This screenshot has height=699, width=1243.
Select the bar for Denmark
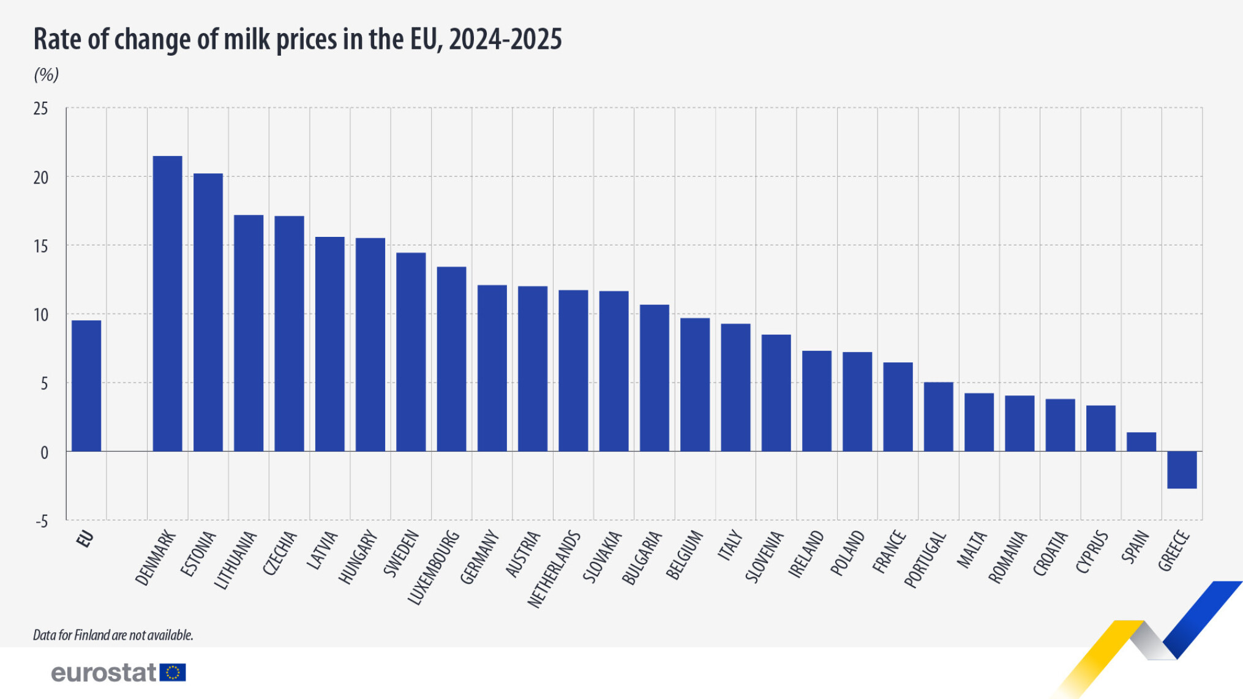tap(167, 304)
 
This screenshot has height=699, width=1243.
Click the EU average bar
tap(86, 386)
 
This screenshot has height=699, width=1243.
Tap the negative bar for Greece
tap(1182, 469)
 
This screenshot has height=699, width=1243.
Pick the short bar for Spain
tap(1141, 442)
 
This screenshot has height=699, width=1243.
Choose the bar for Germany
tap(492, 368)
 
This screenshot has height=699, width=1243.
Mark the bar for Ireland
tap(817, 401)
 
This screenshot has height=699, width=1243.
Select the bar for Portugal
tap(938, 417)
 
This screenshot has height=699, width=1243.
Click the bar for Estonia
tap(208, 312)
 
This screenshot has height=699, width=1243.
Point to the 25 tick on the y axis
tap(41, 109)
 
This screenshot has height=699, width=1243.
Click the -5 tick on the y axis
tap(41, 521)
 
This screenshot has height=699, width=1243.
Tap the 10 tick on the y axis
tap(41, 315)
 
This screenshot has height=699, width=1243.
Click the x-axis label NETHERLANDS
tap(554, 569)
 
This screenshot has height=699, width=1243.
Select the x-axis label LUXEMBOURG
tap(433, 568)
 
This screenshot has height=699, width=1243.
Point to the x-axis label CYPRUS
tap(1092, 552)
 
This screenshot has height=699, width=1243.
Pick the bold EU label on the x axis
tap(85, 539)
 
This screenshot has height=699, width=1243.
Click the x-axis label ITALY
tap(730, 545)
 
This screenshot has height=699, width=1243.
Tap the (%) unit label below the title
tap(46, 75)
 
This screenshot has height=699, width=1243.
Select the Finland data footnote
tap(113, 635)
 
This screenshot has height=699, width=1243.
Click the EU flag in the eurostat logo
tap(173, 673)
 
